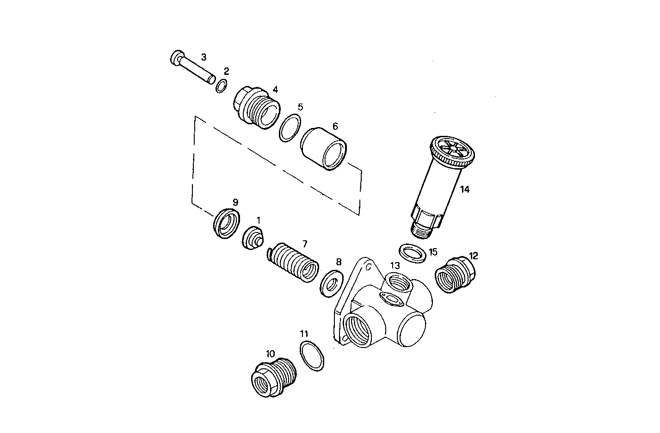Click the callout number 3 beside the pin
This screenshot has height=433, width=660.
(x=204, y=57)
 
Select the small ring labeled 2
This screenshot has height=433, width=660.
(x=222, y=86)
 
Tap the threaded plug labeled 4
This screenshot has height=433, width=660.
(x=256, y=108)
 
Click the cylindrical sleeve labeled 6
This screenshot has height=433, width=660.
(x=324, y=148)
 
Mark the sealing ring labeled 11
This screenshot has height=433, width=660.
(x=312, y=355)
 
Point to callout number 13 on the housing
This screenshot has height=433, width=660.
(x=395, y=265)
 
